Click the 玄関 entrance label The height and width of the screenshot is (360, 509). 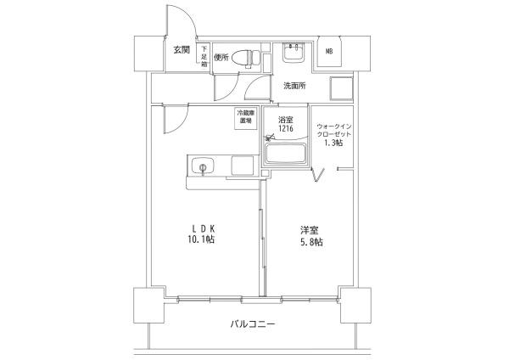click(x=182, y=50)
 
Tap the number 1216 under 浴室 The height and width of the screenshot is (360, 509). click(x=285, y=129)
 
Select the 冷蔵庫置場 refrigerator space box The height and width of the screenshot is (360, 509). click(x=246, y=117)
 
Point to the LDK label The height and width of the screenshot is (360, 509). click(x=201, y=228)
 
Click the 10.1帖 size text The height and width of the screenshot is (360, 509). click(x=201, y=241)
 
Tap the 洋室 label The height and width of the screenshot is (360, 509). click(x=309, y=229)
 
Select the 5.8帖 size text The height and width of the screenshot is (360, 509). click(x=310, y=242)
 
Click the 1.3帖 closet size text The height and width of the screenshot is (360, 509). click(x=333, y=143)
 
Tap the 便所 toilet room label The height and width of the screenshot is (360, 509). click(x=222, y=59)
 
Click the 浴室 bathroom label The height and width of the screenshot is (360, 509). click(x=285, y=120)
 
